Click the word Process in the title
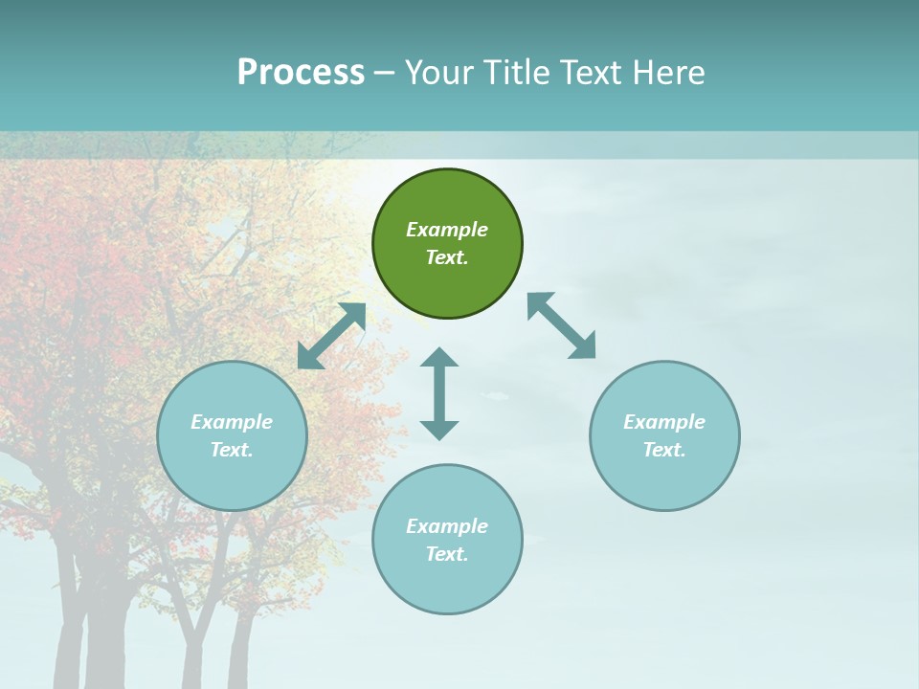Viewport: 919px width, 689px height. pos(301,73)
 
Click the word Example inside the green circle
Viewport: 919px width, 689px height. pos(447,230)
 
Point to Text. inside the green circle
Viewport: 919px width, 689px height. pos(447,257)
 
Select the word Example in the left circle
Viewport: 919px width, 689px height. pos(232,422)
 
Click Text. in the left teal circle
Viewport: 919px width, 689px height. pos(232,450)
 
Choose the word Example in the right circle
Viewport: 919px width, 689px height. pos(664,422)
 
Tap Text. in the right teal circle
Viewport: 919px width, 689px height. pos(664,450)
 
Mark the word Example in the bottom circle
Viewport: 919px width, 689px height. pos(447,526)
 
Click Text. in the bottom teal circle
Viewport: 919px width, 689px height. pos(447,554)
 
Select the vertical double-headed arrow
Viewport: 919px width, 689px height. pos(439,393)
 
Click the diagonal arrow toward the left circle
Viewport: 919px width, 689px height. pos(331,336)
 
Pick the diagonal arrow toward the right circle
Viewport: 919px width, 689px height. pos(562,325)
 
